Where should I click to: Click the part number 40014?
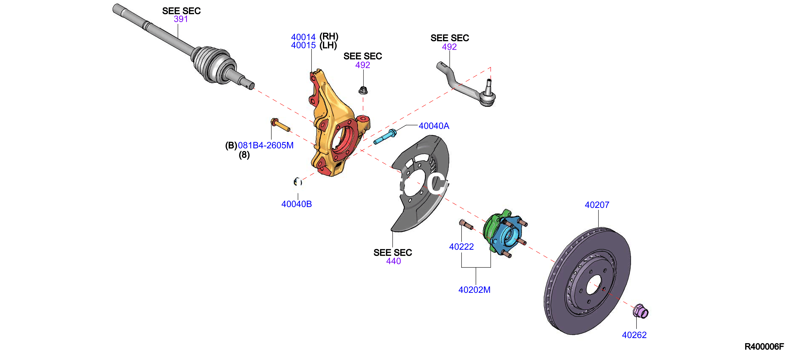(x=303, y=37)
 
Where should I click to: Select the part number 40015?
(x=303, y=45)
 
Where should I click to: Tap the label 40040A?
(x=434, y=126)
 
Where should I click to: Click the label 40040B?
(x=296, y=204)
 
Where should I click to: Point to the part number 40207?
(x=597, y=205)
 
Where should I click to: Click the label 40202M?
(x=474, y=290)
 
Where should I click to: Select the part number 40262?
(x=634, y=335)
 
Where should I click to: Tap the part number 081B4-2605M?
(x=265, y=145)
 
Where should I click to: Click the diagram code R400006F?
(x=764, y=347)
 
